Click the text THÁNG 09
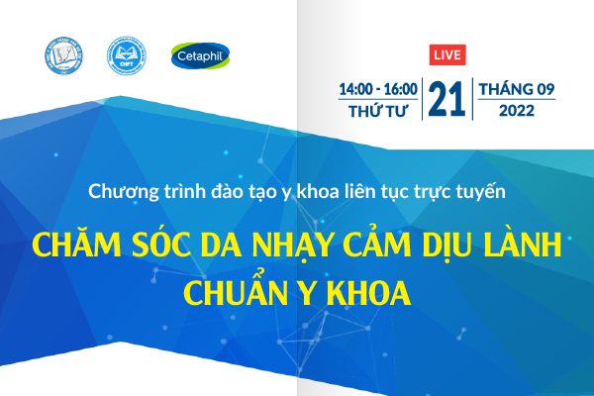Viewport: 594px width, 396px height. click(517, 89)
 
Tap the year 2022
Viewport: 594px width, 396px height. click(517, 111)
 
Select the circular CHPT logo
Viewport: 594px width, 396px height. click(126, 56)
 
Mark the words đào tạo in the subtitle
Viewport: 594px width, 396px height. click(231, 190)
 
